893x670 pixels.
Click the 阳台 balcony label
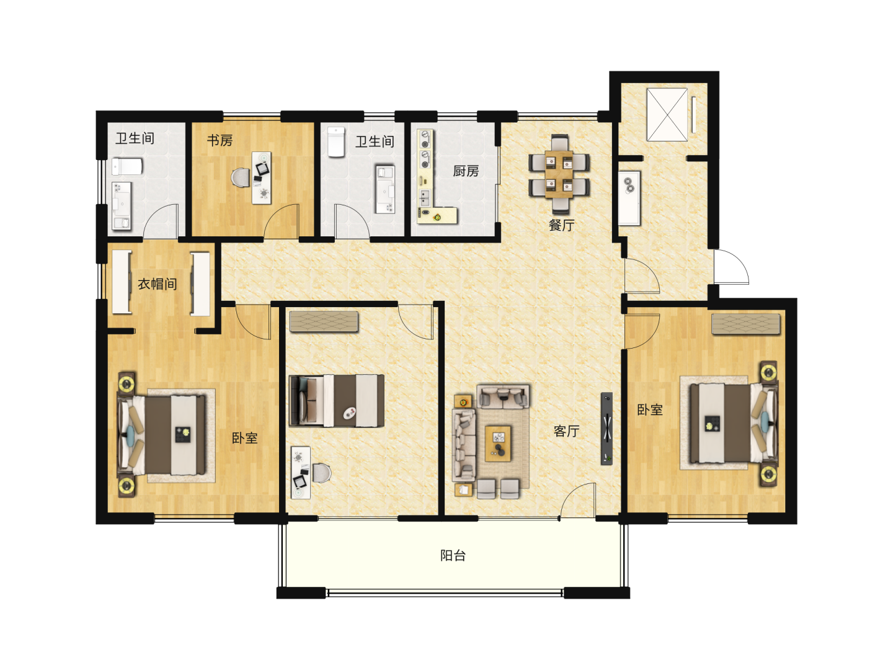(453, 555)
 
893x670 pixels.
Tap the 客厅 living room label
(566, 431)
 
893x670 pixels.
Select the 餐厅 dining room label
(561, 225)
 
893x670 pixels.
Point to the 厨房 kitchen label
(466, 171)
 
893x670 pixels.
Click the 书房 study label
(220, 140)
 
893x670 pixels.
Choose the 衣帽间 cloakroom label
(158, 284)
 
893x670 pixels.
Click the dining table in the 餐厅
(559, 174)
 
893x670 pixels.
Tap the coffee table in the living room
(499, 444)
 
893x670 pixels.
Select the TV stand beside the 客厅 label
(606, 428)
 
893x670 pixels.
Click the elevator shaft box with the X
(667, 115)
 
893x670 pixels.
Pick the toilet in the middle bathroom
(337, 142)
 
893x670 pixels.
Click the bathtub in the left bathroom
(127, 167)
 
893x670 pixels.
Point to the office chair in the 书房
(241, 178)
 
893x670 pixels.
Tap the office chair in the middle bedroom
(322, 473)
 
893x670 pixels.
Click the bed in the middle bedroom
(337, 401)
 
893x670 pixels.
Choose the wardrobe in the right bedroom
(746, 324)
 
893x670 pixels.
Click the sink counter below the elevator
(629, 198)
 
